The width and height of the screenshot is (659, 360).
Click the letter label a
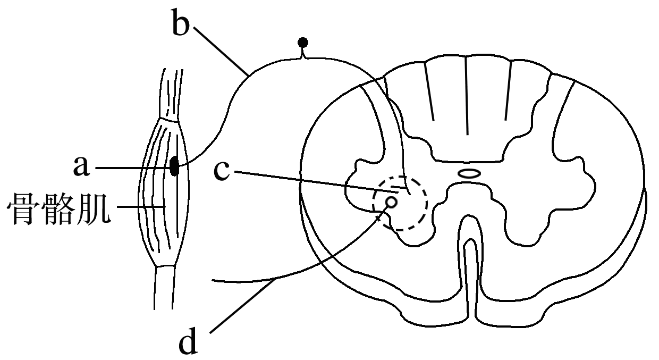[x=81, y=166]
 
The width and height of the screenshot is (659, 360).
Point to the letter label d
[x=188, y=341]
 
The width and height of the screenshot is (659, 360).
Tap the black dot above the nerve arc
[x=303, y=43]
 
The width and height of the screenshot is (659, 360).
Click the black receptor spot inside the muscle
[x=174, y=166]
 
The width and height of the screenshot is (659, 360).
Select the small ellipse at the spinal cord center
[x=469, y=173]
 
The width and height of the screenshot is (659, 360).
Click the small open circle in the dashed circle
[x=391, y=202]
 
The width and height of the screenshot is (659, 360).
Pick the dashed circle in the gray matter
[x=400, y=203]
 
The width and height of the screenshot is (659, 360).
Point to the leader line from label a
[x=134, y=168]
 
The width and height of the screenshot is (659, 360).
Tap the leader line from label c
[x=316, y=182]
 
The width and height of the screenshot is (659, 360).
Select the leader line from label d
[x=299, y=270]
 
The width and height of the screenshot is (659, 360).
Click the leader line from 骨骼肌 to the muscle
[x=141, y=207]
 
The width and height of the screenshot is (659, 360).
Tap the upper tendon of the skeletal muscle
[x=172, y=94]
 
